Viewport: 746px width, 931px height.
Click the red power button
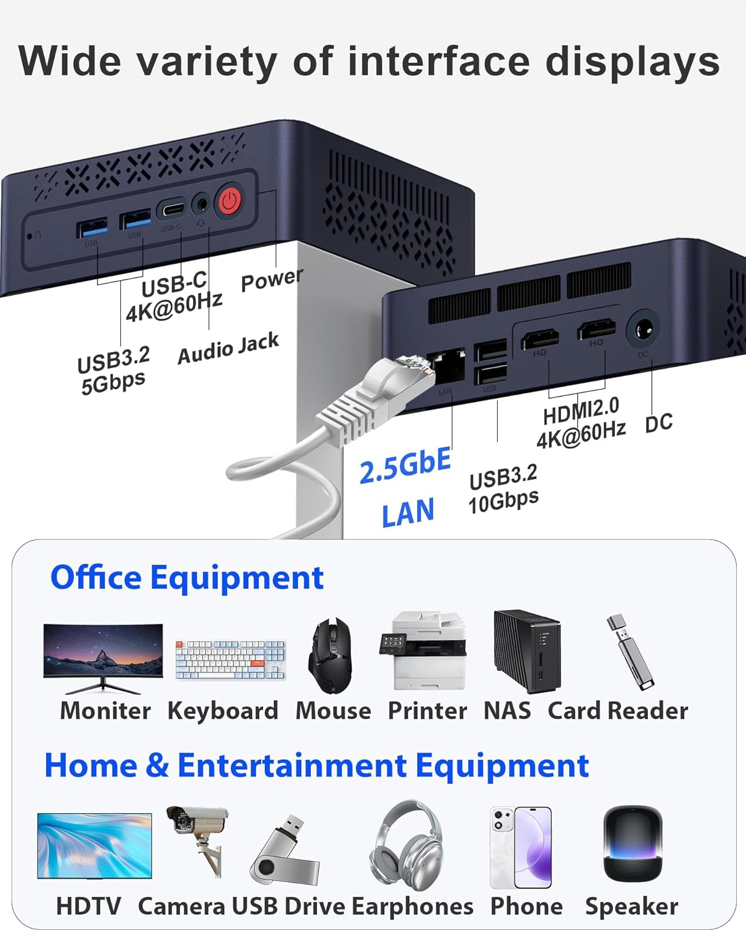pyautogui.click(x=230, y=200)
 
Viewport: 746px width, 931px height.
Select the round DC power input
pyautogui.click(x=642, y=329)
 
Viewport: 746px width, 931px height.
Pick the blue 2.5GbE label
pyautogui.click(x=405, y=465)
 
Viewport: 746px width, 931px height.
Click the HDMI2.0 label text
pyautogui.click(x=581, y=410)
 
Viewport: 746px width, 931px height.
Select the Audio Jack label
pyautogui.click(x=228, y=349)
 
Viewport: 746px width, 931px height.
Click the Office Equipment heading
pyautogui.click(x=187, y=577)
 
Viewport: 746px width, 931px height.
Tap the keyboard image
pyautogui.click(x=230, y=660)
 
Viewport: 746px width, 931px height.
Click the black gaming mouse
pyautogui.click(x=331, y=655)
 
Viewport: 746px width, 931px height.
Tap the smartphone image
pyautogui.click(x=521, y=847)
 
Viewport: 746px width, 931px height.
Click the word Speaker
pyautogui.click(x=631, y=906)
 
